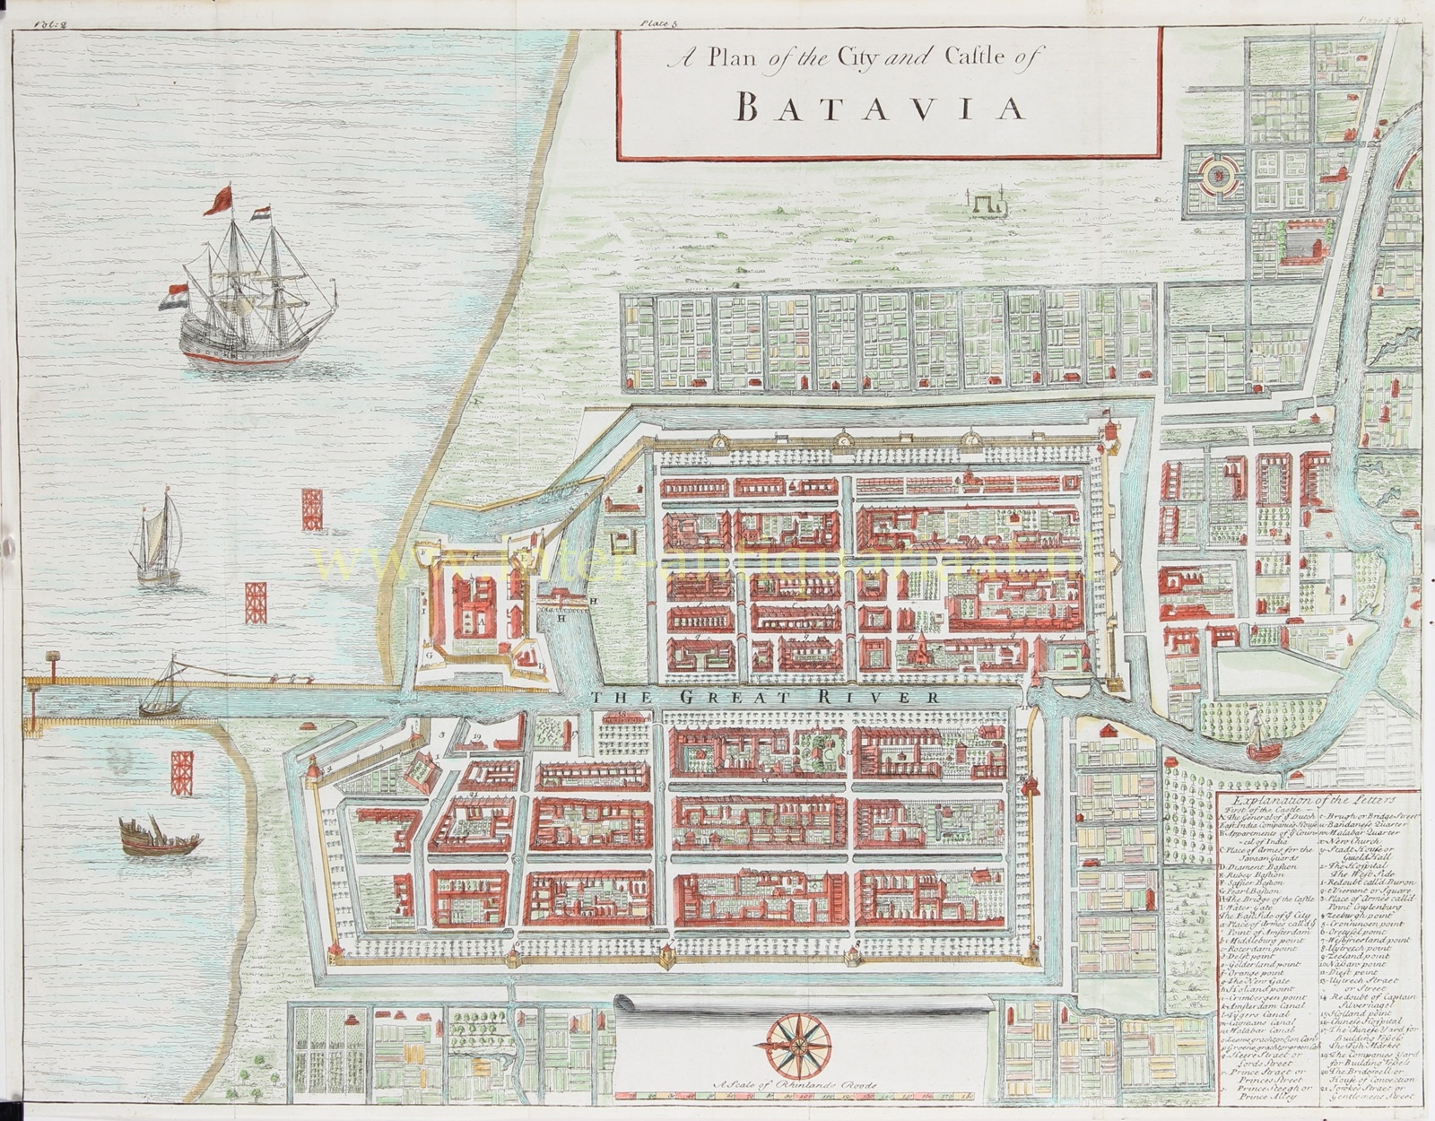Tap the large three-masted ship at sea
click(x=251, y=296)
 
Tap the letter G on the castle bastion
click(x=430, y=656)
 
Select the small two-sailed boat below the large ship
click(x=159, y=543)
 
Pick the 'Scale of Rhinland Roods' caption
click(x=790, y=1085)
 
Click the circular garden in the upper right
click(x=1217, y=176)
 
